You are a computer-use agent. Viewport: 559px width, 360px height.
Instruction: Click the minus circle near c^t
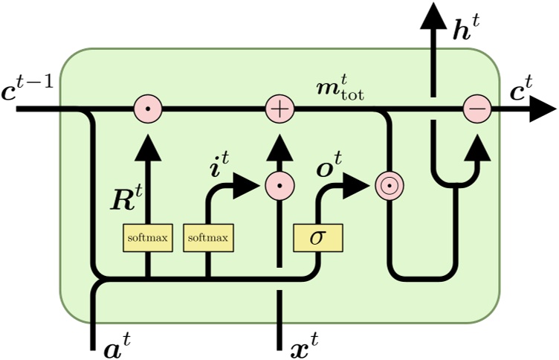pyautogui.click(x=476, y=110)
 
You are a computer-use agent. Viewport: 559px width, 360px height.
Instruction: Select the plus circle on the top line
pyautogui.click(x=280, y=110)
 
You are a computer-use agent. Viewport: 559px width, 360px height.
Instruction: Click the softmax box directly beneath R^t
pyautogui.click(x=147, y=238)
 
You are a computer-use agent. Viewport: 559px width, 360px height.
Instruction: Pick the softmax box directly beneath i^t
pyautogui.click(x=207, y=238)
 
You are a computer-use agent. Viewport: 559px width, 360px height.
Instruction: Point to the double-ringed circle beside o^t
pyautogui.click(x=388, y=186)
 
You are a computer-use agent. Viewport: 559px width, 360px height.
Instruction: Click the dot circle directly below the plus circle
pyautogui.click(x=280, y=186)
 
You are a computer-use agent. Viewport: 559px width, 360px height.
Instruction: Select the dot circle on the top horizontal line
pyautogui.click(x=148, y=110)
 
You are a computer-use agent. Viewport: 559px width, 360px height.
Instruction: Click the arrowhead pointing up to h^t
pyautogui.click(x=431, y=16)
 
